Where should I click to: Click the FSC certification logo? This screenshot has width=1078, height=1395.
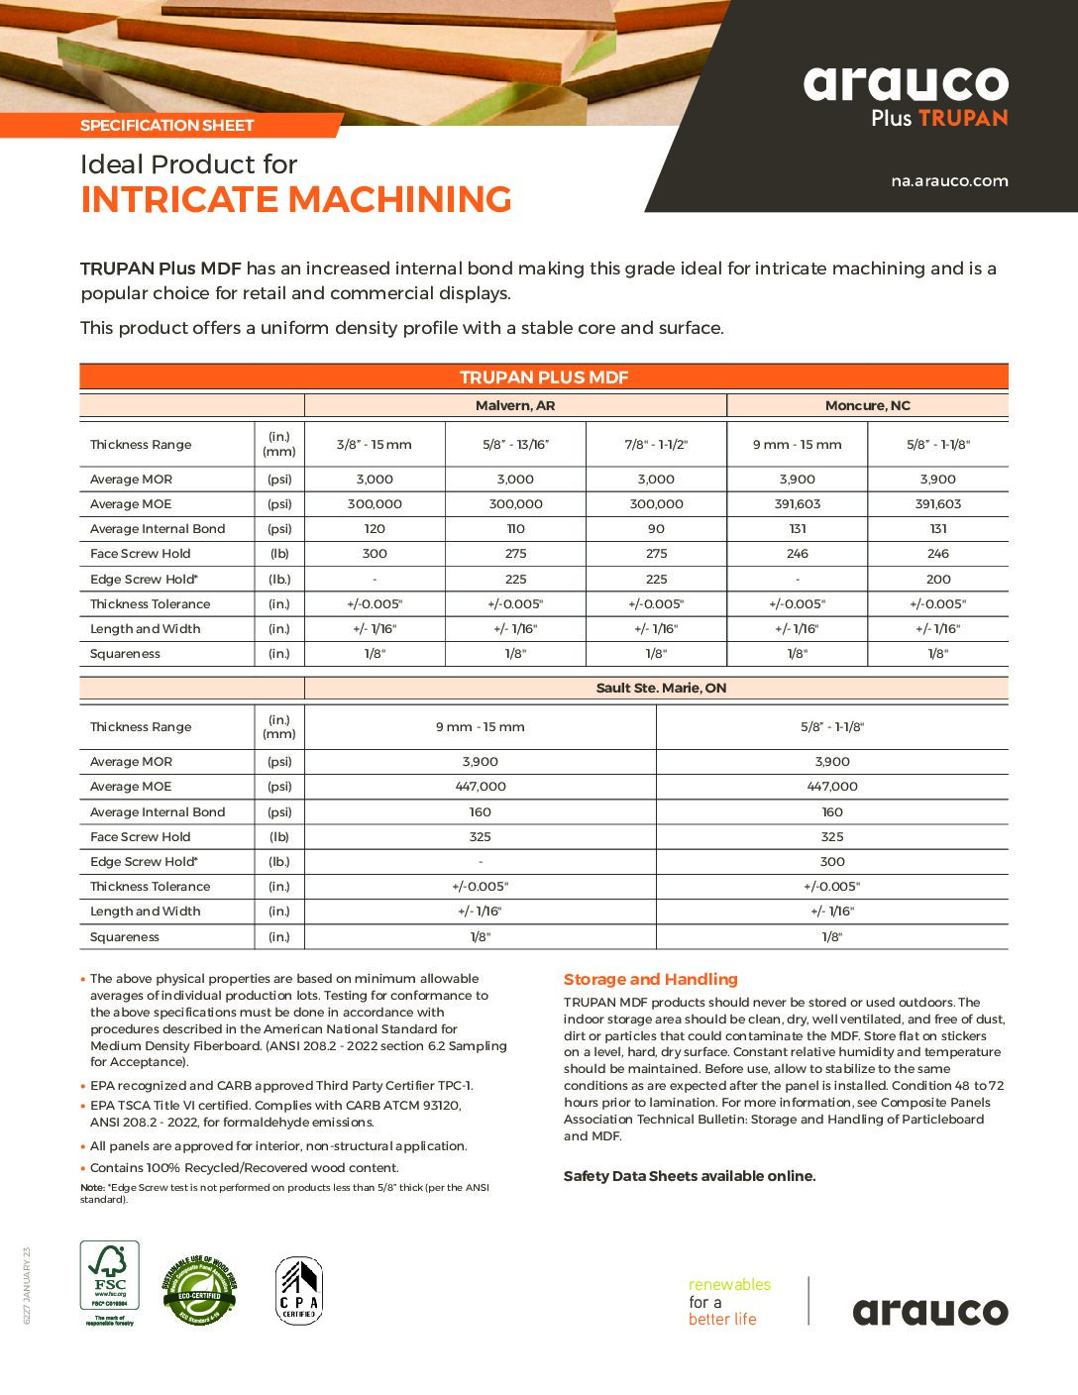pyautogui.click(x=109, y=1283)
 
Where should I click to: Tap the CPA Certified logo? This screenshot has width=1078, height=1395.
pyautogui.click(x=298, y=1290)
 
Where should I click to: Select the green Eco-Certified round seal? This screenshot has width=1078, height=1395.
pyautogui.click(x=200, y=1290)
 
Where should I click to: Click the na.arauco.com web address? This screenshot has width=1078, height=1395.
pyautogui.click(x=949, y=181)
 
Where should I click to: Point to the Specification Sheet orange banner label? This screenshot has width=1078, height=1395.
pyautogui.click(x=167, y=126)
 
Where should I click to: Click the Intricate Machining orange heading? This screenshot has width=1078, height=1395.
pyautogui.click(x=296, y=200)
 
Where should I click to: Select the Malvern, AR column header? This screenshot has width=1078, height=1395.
pyautogui.click(x=515, y=405)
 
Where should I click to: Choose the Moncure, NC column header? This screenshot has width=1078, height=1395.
pyautogui.click(x=867, y=405)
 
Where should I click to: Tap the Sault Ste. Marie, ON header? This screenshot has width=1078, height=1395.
pyautogui.click(x=661, y=688)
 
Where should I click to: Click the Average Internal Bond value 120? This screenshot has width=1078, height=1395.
pyautogui.click(x=375, y=529)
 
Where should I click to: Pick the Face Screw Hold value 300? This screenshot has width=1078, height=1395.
pyautogui.click(x=375, y=554)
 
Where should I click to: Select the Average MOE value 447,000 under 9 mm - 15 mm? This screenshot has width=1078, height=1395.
pyautogui.click(x=481, y=787)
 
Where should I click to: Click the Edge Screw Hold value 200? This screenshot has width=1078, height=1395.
pyautogui.click(x=938, y=580)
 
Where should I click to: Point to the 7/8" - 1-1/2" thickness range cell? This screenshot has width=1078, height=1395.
pyautogui.click(x=656, y=445)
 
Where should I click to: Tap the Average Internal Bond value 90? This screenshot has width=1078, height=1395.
pyautogui.click(x=656, y=529)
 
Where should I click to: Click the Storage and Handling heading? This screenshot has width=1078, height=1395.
pyautogui.click(x=651, y=980)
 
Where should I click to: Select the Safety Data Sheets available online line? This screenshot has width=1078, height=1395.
pyautogui.click(x=690, y=1176)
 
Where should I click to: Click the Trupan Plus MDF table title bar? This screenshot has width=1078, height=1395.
pyautogui.click(x=544, y=377)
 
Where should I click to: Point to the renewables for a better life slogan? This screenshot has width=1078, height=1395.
pyautogui.click(x=729, y=1302)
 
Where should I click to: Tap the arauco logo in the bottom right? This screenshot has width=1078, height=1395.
pyautogui.click(x=930, y=1312)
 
